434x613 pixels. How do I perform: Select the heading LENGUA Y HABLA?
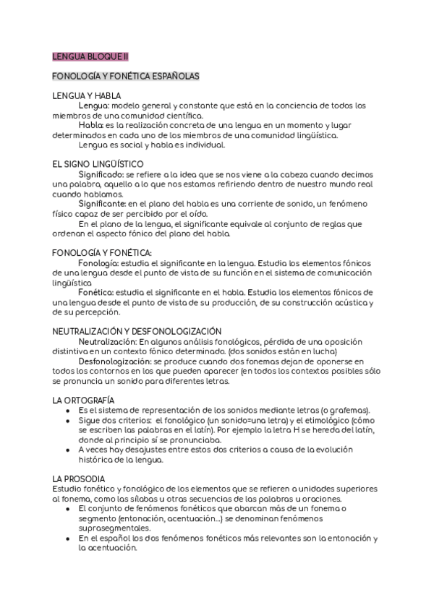pos(86,95)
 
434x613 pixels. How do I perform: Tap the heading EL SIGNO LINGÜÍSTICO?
pos(98,164)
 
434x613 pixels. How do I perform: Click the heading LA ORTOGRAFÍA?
pos(83,400)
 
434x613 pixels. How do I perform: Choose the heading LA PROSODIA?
pos(79,479)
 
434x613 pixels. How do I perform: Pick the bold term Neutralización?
pos(108,341)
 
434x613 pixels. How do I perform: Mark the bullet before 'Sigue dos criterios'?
pos(67,420)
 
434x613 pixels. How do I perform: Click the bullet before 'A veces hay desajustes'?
pos(67,450)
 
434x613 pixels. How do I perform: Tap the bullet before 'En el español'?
pos(67,539)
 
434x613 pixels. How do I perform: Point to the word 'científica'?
pos(182,115)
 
